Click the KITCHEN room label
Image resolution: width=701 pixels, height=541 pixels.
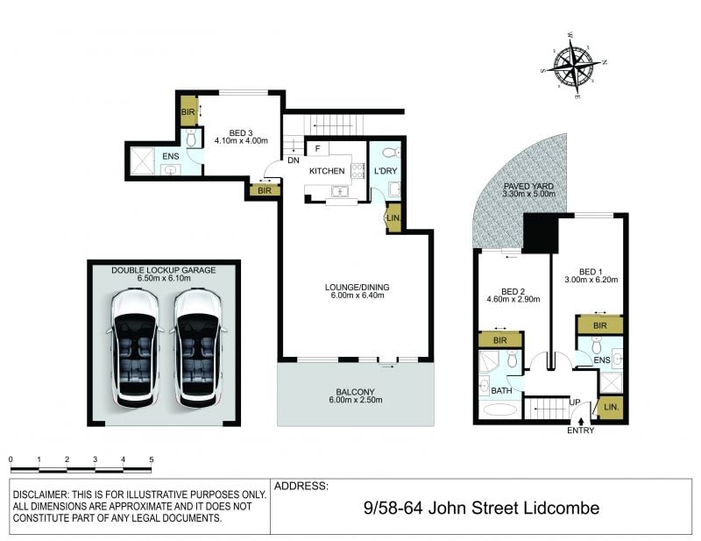coord(327,171)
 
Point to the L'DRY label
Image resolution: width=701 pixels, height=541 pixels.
coord(386,171)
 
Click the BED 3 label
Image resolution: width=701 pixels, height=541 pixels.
coord(241,133)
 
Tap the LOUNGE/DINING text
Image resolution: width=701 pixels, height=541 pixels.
coord(357,288)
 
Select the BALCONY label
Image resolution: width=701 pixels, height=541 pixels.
coord(356,392)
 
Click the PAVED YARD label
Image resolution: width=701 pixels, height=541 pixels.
coord(528,186)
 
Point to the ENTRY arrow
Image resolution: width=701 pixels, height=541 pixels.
coord(581,421)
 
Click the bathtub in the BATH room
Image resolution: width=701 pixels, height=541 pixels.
coord(499,409)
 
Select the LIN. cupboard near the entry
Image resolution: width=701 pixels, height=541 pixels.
coord(611,408)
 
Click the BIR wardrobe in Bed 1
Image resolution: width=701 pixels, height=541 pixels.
coord(600,325)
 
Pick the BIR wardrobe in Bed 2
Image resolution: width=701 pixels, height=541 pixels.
coord(500,340)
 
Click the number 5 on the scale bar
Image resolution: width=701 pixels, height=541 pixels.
coord(152,459)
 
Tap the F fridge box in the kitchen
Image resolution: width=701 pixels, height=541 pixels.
coord(318,148)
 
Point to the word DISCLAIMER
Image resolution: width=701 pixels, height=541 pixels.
coord(39,495)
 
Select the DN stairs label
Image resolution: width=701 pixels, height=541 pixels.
coord(294,160)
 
